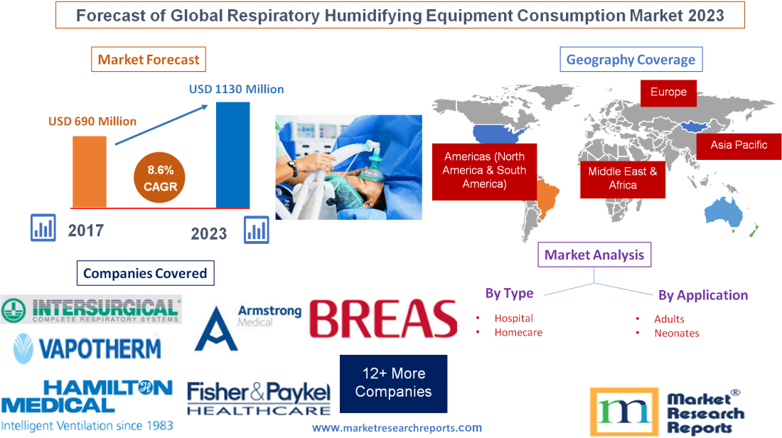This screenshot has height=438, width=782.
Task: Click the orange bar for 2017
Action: point(90,171)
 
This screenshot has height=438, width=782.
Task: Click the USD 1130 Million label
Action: point(236,90)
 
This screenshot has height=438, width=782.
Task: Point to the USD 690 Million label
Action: point(92,121)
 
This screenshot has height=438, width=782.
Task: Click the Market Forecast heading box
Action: point(149,60)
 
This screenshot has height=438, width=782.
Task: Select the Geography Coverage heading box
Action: point(631,60)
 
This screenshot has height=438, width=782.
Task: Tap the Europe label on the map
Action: point(668,92)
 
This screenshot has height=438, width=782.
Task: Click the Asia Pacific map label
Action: point(739,145)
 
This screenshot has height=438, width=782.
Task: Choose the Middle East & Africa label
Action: point(623,178)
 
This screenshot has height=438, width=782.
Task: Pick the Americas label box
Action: point(484,170)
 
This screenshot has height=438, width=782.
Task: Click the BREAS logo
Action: point(383,318)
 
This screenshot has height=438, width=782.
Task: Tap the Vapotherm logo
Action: point(86,347)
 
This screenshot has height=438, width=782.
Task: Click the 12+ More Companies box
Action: point(393,383)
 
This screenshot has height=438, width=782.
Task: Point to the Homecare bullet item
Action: point(518,332)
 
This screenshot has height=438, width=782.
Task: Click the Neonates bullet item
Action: point(676,333)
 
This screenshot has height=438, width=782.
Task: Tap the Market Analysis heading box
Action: point(594,255)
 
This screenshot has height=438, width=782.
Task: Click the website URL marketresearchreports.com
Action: point(397,427)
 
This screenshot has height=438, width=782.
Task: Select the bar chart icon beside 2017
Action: point(43,228)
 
